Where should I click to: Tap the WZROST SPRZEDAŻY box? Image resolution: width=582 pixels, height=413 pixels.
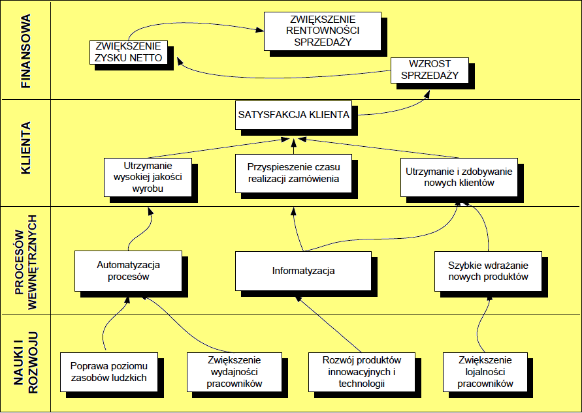[x=429, y=70]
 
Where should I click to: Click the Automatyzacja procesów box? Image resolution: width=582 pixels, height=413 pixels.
[x=129, y=271]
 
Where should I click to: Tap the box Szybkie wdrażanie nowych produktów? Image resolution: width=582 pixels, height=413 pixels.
[x=488, y=271]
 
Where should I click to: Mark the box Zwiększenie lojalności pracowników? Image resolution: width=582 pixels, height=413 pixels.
[x=485, y=372]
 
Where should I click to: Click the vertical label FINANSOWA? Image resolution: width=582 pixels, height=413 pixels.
[x=27, y=52]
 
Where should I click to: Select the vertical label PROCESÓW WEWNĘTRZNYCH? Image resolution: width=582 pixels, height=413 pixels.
[x=27, y=258]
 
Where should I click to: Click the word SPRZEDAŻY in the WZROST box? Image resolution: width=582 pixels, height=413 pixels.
[x=429, y=75]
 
